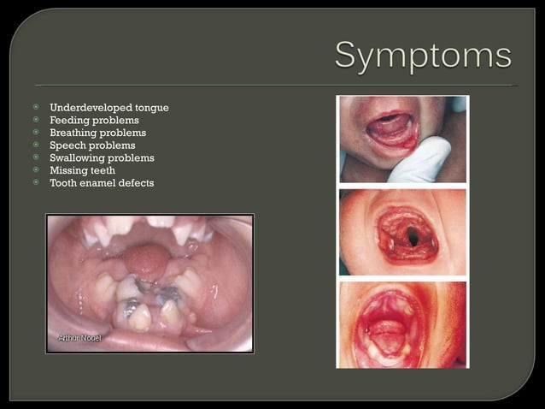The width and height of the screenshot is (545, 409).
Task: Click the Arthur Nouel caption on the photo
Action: tap(79, 339)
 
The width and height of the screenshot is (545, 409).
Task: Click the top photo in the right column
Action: tap(402, 139)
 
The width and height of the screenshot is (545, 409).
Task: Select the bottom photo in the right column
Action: tap(402, 325)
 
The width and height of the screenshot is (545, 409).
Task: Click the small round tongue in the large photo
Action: tap(150, 261)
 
